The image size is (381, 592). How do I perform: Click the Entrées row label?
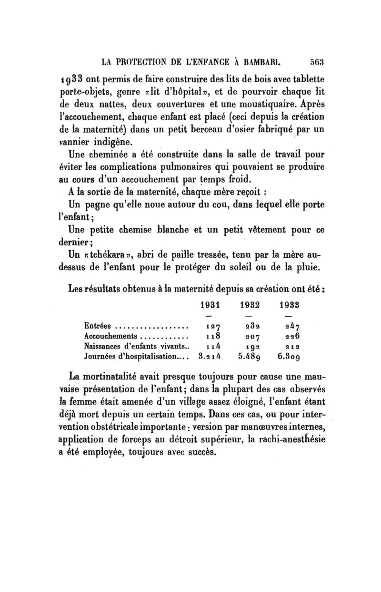click(97, 326)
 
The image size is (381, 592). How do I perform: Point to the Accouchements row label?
click(110, 336)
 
